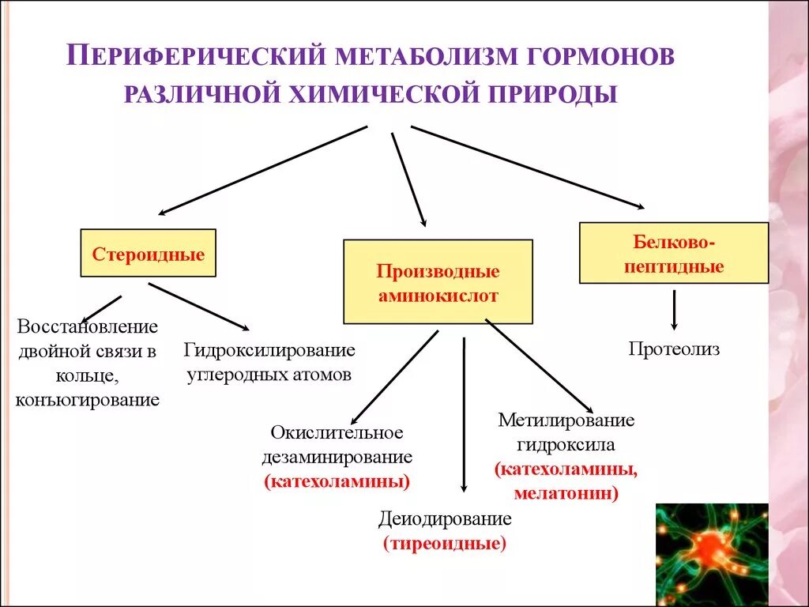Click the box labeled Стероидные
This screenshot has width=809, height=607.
pos(148,254)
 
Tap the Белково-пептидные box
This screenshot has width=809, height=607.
pos(673,253)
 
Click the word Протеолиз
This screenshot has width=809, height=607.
pos(674,349)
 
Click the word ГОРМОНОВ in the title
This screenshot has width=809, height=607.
pos(607,58)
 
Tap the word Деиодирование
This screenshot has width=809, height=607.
pos(445,519)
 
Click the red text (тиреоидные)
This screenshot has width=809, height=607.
pos(445,544)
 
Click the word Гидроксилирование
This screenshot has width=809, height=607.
pos(269,349)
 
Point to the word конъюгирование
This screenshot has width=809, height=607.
pos(88,399)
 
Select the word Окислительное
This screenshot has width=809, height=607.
pos(337,432)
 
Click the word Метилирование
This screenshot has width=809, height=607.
pos(566,420)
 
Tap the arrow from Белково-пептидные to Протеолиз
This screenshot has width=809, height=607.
pos(674,310)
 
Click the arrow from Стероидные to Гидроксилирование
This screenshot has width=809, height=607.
pos(198,306)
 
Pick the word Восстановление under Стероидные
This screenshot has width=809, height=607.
pos(88,326)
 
